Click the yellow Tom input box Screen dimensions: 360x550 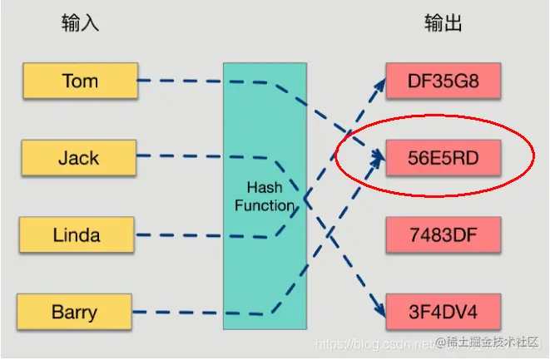(x=80, y=81)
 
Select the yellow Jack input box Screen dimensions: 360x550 (x=80, y=157)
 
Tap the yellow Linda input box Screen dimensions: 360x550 (x=76, y=234)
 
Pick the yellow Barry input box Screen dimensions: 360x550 (x=74, y=312)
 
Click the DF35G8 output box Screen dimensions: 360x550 (x=443, y=81)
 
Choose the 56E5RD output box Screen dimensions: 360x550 (x=443, y=157)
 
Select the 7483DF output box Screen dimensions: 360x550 (x=443, y=234)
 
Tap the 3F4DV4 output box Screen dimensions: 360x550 (x=443, y=312)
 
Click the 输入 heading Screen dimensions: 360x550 (x=80, y=22)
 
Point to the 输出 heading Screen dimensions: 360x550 (x=443, y=22)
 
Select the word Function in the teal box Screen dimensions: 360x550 (x=264, y=205)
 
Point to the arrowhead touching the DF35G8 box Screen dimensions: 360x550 (x=379, y=85)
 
